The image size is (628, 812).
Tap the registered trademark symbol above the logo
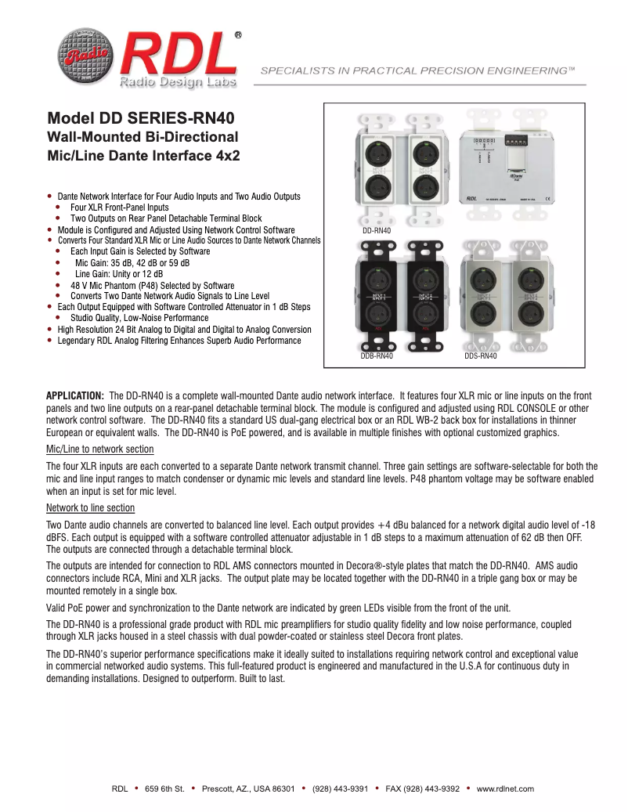238,35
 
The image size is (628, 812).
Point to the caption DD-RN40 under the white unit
376,231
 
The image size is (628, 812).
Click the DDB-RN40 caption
377,355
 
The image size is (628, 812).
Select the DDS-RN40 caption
480,355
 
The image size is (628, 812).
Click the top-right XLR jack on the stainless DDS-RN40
531,280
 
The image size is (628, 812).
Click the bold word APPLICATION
75,397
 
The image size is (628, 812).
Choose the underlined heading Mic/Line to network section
100,449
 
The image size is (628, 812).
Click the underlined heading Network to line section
91,507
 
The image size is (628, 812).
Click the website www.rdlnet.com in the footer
505,789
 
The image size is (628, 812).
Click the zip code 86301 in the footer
281,789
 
